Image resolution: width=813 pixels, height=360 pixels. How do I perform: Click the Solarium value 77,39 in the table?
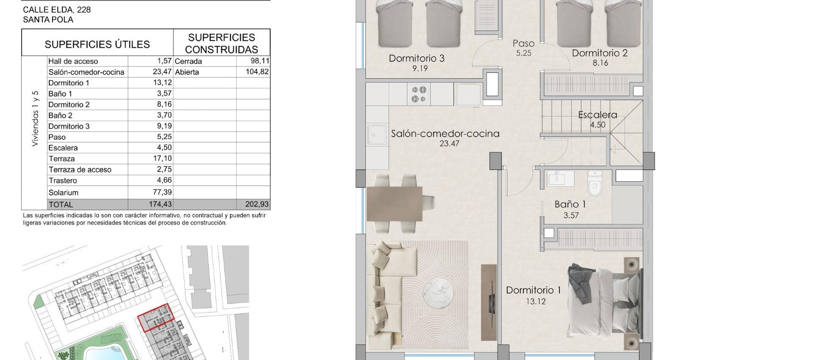tap(162, 192)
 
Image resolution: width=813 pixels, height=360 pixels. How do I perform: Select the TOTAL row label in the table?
tap(61, 205)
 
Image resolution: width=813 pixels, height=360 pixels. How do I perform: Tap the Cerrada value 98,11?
tap(260, 61)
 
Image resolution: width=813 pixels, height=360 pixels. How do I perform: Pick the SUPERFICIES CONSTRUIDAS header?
tap(221, 43)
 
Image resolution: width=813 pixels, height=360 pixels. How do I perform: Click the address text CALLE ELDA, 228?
tap(57, 9)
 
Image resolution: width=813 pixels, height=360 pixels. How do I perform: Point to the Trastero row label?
tap(63, 180)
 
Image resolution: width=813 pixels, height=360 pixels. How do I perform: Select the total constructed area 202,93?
tap(257, 204)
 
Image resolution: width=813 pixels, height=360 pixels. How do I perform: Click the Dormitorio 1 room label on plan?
tap(533, 290)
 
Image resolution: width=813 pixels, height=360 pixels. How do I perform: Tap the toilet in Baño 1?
tap(595, 185)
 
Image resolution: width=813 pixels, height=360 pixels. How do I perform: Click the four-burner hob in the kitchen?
tap(418, 94)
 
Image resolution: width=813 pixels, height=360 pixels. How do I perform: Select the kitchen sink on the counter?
tap(376, 135)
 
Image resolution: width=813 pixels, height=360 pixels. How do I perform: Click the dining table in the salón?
tap(394, 204)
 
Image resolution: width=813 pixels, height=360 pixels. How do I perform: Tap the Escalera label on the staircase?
tap(597, 115)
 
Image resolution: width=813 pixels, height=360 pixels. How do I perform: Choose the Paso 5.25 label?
tap(523, 47)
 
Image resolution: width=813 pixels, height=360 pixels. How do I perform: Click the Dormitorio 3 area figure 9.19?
tap(420, 68)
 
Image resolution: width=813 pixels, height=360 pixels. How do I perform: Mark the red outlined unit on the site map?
tap(156, 317)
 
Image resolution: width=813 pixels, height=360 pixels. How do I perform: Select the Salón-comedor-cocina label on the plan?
tap(445, 133)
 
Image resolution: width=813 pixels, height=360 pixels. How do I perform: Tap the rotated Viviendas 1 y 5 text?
tap(35, 119)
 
